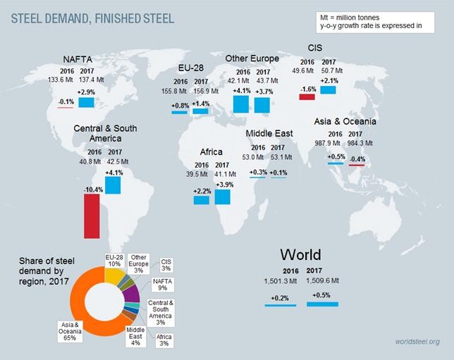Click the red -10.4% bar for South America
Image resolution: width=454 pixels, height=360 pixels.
[91, 216]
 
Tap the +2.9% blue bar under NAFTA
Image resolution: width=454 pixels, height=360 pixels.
[87, 103]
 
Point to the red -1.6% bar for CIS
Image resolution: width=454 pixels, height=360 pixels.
[307, 97]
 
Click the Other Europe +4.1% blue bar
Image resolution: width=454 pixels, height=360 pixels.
[241, 104]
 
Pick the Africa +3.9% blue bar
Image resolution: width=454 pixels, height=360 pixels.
[223, 195]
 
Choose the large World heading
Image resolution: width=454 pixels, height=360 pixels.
[300, 254]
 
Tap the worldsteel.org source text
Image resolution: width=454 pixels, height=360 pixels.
[417, 342]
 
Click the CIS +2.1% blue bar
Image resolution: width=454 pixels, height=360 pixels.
[328, 90]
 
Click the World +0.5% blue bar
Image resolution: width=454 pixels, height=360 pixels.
[322, 304]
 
